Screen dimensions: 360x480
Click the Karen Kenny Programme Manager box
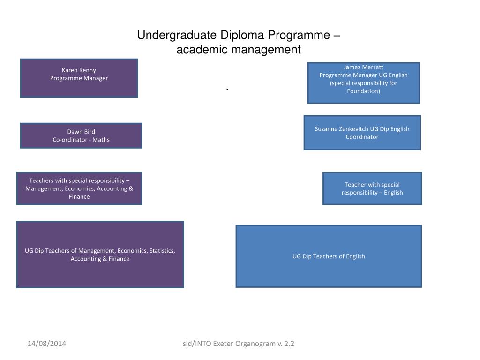click(79, 78)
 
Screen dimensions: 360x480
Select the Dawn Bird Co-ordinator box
click(81, 135)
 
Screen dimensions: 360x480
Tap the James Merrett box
click(363, 82)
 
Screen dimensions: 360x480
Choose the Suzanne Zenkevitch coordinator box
click(362, 133)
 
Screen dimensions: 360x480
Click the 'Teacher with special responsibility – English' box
click(372, 188)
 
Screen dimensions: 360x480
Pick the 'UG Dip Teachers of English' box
click(329, 256)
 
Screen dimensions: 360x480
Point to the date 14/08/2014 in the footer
click(46, 344)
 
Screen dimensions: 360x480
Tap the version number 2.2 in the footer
click(289, 344)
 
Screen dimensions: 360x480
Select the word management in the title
click(269, 49)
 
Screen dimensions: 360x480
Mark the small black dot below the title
click(227, 89)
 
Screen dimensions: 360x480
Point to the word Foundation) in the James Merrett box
click(363, 91)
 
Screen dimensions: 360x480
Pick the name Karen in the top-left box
click(70, 70)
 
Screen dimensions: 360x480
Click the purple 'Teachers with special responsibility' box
click(79, 188)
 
